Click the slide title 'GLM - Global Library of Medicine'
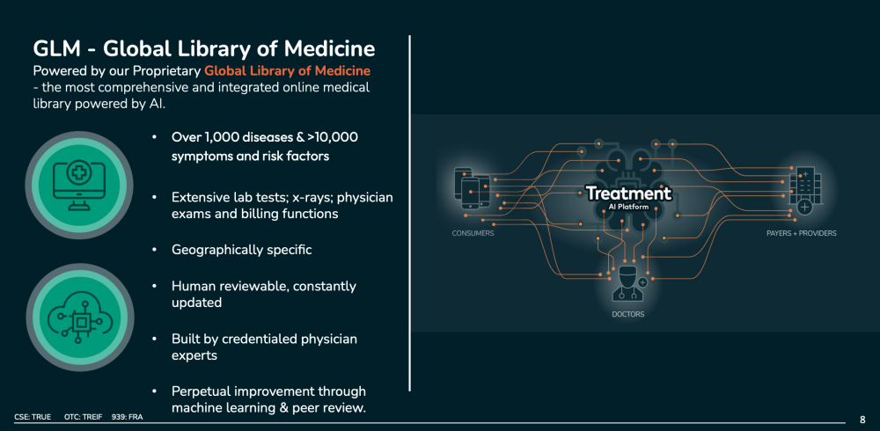click(x=204, y=49)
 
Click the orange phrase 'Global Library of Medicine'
click(x=288, y=71)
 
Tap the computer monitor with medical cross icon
click(x=78, y=186)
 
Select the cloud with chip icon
click(x=80, y=318)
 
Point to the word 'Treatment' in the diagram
click(x=628, y=194)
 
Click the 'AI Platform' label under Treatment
click(x=628, y=207)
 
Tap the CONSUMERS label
click(x=473, y=233)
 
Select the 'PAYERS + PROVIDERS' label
click(x=802, y=233)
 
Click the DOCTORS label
click(x=628, y=314)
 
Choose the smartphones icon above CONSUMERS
click(x=472, y=187)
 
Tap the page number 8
click(x=862, y=420)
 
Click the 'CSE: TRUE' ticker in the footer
click(x=33, y=417)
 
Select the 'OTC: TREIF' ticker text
click(x=84, y=417)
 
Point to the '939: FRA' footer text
click(x=128, y=417)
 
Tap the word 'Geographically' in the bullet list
click(x=216, y=250)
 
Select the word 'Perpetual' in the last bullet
click(x=198, y=391)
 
